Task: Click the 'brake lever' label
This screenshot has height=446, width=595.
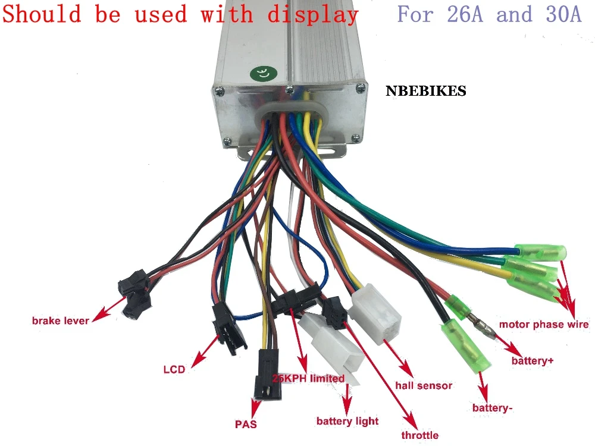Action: pos(60,321)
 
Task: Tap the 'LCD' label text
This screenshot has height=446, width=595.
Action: pos(174,369)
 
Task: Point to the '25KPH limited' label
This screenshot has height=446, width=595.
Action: pos(308,378)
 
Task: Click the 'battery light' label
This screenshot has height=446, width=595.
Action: pos(347,421)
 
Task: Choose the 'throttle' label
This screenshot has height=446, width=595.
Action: pos(419,435)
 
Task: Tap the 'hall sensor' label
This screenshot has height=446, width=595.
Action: pos(424,385)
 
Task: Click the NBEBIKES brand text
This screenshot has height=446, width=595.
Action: pos(425,92)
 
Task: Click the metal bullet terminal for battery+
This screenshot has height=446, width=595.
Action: pos(480,328)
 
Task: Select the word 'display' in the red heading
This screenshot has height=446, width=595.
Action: pos(312,15)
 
